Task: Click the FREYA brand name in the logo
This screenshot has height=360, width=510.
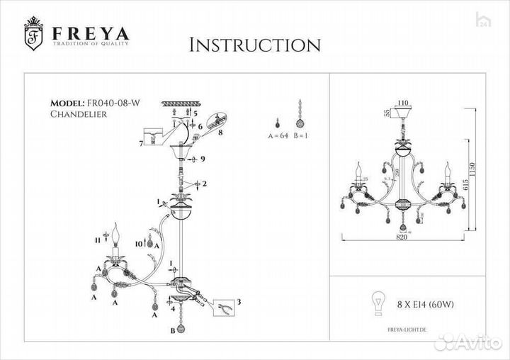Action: pos(89,33)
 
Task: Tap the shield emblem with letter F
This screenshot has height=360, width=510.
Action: pos(34,35)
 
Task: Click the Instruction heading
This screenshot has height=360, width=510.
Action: pos(255,45)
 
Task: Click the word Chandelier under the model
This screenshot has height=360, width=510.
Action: pos(79,114)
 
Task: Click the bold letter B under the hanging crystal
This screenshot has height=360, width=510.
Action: pos(172,331)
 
